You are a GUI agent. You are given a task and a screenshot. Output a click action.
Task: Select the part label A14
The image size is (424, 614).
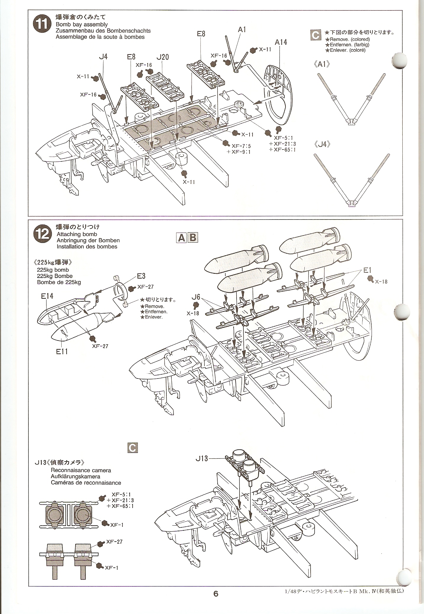[281, 42]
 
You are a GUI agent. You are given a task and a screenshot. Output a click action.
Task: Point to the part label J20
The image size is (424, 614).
[163, 57]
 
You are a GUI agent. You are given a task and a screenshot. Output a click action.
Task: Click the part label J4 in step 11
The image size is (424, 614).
[103, 56]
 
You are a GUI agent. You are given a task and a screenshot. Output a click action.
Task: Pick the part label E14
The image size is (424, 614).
[47, 296]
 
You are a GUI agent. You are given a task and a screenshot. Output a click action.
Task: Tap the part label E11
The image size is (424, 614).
[62, 351]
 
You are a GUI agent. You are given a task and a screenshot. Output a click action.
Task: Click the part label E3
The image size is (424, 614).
[141, 276]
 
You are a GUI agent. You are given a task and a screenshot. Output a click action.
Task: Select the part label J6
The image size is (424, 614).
[196, 297]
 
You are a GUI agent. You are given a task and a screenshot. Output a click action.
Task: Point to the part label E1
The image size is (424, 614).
[367, 270]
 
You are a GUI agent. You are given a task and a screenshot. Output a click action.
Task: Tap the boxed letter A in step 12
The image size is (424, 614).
[181, 238]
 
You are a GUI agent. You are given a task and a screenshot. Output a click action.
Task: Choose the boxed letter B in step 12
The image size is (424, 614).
[193, 238]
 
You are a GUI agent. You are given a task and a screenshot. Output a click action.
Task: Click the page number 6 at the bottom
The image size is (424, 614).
[216, 594]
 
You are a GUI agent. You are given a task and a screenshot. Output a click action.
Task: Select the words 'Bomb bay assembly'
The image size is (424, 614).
[81, 24]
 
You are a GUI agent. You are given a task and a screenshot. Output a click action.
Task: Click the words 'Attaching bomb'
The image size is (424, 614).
[77, 234]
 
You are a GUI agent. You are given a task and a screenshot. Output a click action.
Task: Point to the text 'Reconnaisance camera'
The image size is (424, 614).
[81, 470]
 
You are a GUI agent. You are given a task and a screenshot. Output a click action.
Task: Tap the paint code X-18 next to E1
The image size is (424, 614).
[381, 281]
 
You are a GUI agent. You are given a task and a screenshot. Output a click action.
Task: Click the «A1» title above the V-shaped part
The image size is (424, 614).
[322, 64]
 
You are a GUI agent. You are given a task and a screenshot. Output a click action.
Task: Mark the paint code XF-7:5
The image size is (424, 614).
[241, 146]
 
